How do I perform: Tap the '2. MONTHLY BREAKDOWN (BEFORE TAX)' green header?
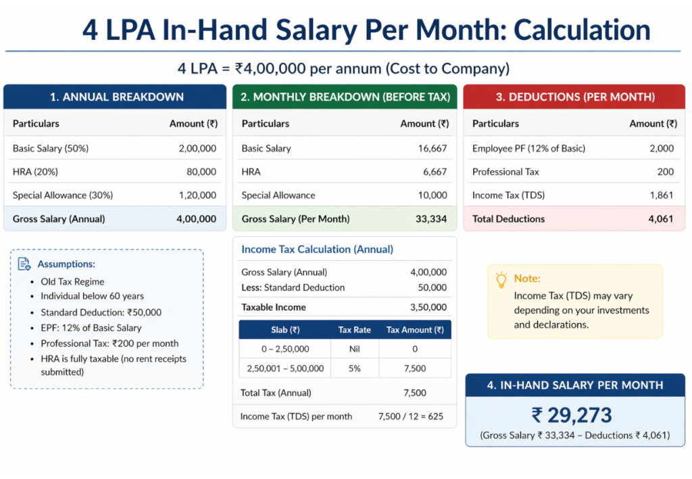click(x=345, y=97)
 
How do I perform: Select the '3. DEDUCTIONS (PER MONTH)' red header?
click(x=575, y=97)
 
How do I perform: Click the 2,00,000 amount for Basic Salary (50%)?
click(x=197, y=148)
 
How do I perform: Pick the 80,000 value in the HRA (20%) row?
click(x=201, y=172)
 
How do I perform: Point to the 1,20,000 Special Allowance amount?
click(x=197, y=195)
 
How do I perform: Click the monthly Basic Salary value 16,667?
click(x=432, y=148)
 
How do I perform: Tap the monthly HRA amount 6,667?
click(x=435, y=172)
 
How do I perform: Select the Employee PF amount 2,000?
click(x=662, y=148)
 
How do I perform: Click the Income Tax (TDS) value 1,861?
click(x=662, y=195)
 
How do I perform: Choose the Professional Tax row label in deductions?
click(x=505, y=172)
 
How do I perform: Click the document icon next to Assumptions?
click(x=24, y=264)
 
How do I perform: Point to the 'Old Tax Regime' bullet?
click(x=72, y=281)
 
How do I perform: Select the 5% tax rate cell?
click(x=354, y=368)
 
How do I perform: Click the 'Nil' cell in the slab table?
click(x=354, y=349)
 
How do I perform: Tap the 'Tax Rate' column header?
click(x=354, y=330)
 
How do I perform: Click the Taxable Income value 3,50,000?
click(x=428, y=307)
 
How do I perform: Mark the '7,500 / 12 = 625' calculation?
click(x=411, y=416)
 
